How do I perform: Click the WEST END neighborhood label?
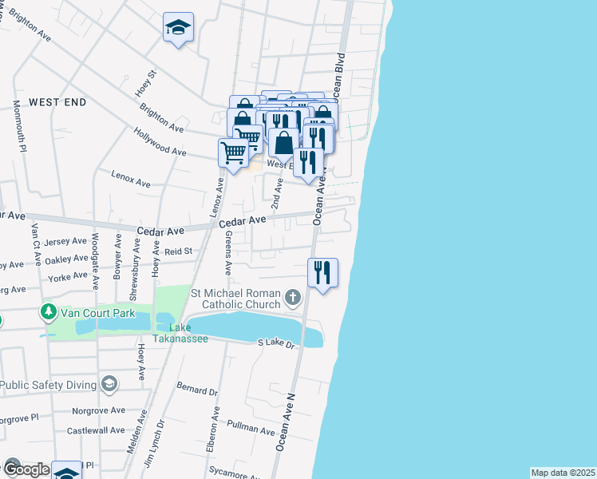[x=57, y=102]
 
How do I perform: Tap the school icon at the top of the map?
[x=178, y=29]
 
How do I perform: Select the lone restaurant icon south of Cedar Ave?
[x=322, y=273]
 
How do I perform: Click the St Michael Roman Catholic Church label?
[x=236, y=299]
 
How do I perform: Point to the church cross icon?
[x=293, y=299]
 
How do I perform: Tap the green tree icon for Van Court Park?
[x=49, y=312]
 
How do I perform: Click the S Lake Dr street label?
[x=276, y=343]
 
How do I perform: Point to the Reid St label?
[x=178, y=251]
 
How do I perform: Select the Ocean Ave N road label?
[x=285, y=423]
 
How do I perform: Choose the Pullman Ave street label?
[x=251, y=428]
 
